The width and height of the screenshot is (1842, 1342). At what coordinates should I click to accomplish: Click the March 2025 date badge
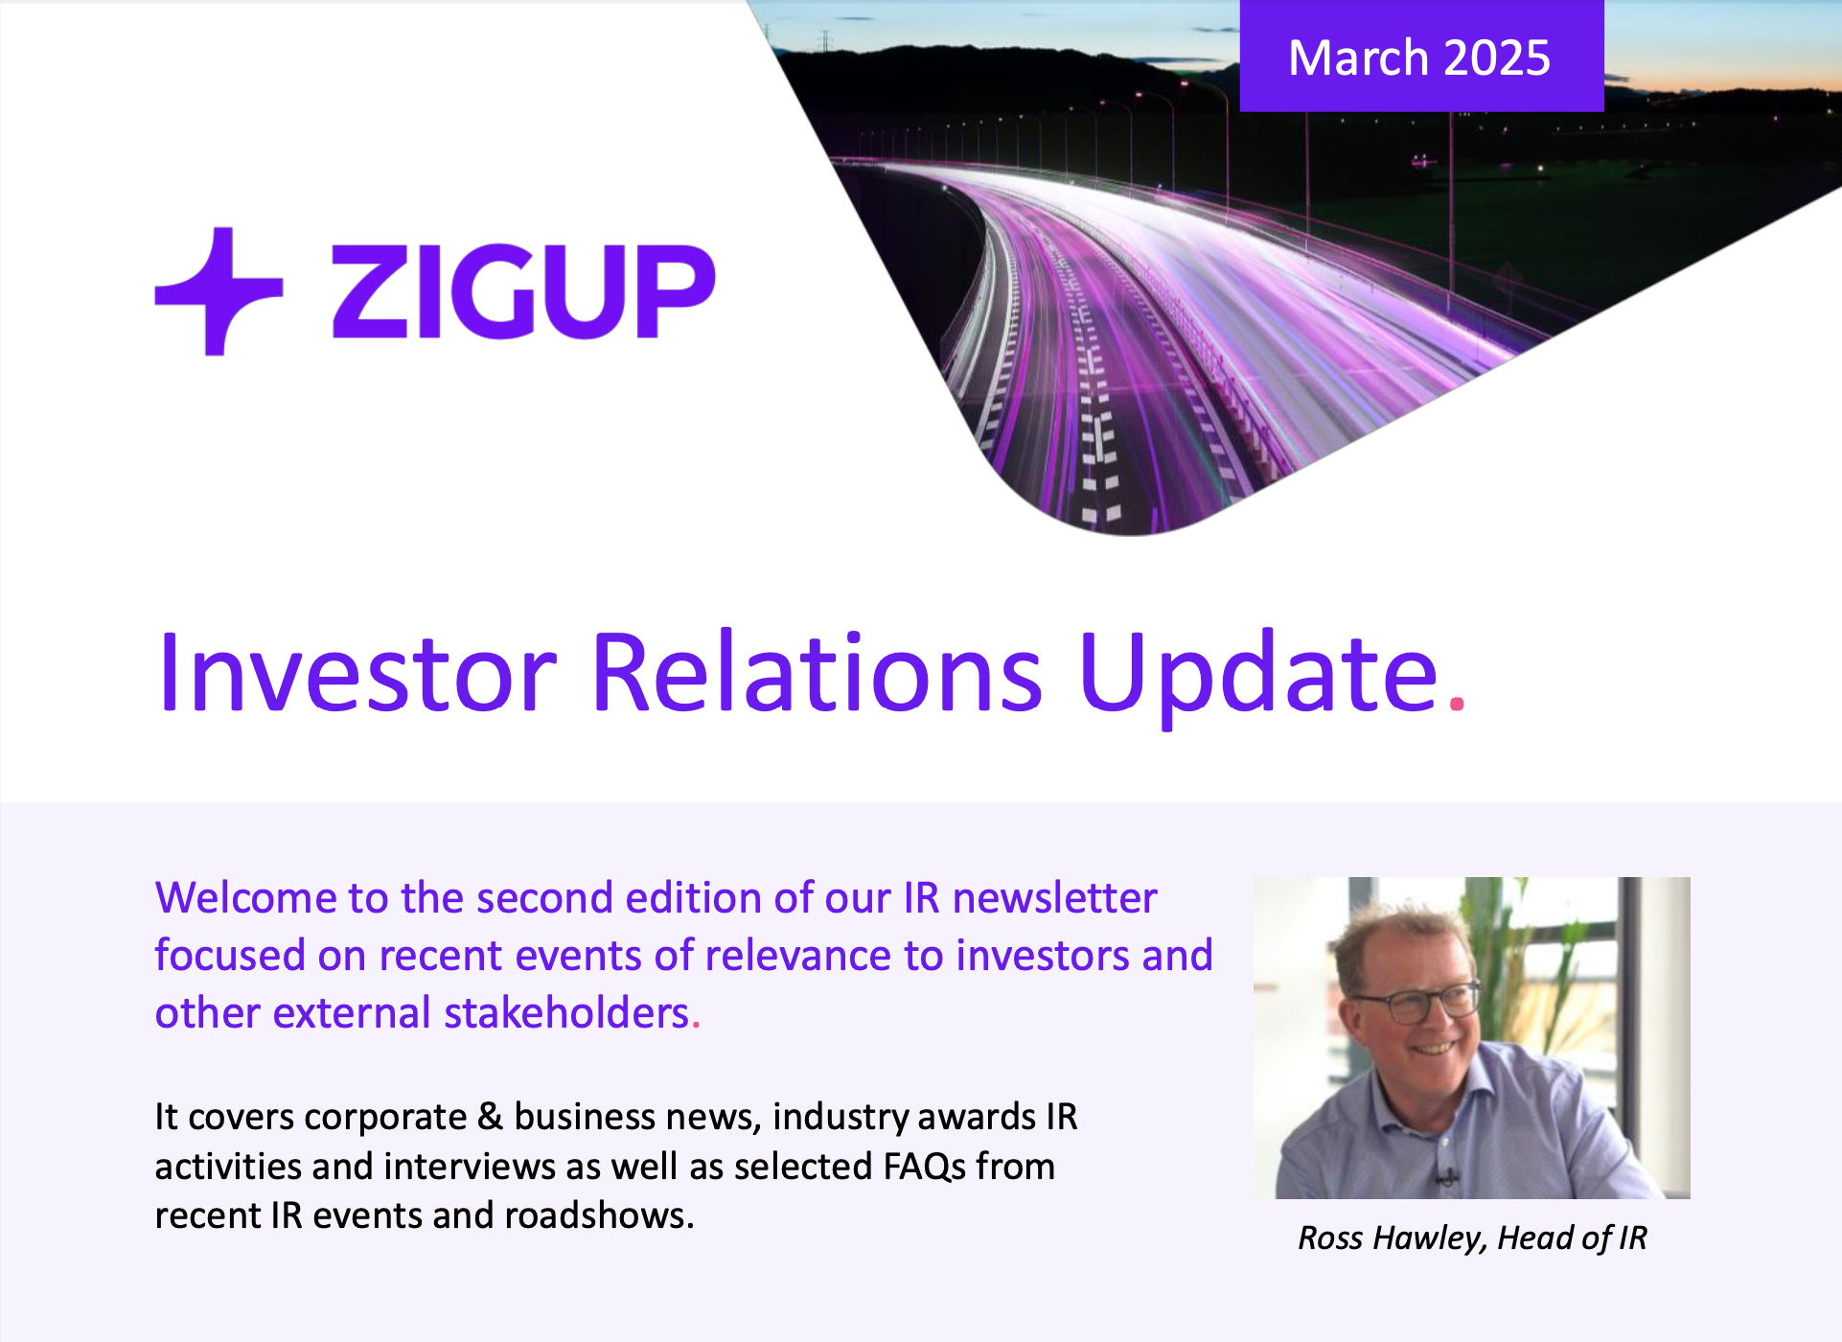[x=1420, y=58]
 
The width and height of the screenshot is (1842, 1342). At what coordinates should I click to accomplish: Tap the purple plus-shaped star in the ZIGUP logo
[x=219, y=290]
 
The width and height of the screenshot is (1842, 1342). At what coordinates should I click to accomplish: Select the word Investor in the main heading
[x=357, y=673]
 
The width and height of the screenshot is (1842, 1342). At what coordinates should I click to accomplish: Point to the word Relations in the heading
[x=817, y=673]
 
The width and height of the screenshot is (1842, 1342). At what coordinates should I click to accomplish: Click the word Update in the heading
[x=1257, y=673]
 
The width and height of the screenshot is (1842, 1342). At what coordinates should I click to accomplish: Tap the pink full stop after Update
[x=1458, y=705]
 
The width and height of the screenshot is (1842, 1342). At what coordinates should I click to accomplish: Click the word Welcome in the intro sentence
[x=245, y=898]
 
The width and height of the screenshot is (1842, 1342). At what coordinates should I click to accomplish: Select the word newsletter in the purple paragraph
[x=1054, y=898]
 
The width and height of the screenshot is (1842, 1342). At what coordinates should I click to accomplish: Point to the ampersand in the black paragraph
[x=490, y=1118]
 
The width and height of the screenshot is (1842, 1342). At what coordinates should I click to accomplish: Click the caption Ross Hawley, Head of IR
[x=1472, y=1238]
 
